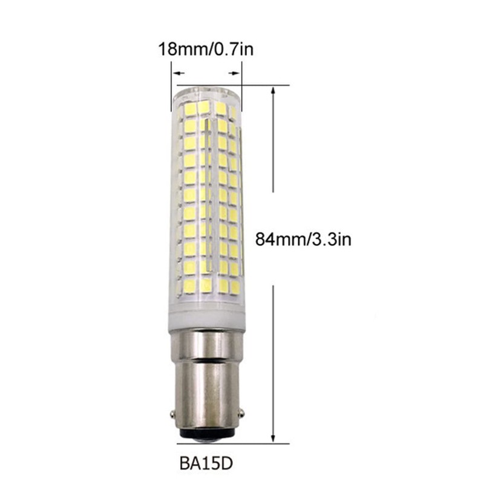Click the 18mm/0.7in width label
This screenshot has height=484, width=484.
(x=206, y=48)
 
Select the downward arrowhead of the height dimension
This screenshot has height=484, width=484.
(x=275, y=437)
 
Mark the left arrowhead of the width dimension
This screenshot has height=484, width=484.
(x=176, y=73)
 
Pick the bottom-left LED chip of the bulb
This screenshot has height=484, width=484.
(x=189, y=284)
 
